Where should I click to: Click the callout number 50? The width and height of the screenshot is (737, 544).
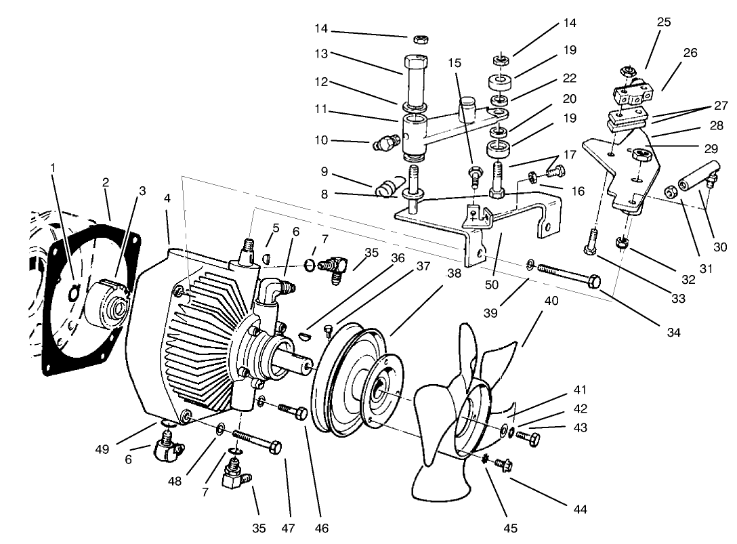click(492, 285)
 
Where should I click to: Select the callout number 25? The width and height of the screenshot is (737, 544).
click(664, 22)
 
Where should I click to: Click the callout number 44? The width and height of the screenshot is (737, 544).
click(579, 509)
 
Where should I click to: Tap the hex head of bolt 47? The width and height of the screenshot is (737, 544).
click(275, 447)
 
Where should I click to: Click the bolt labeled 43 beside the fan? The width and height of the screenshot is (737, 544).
click(530, 438)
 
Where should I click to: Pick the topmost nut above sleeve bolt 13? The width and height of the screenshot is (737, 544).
click(419, 38)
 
